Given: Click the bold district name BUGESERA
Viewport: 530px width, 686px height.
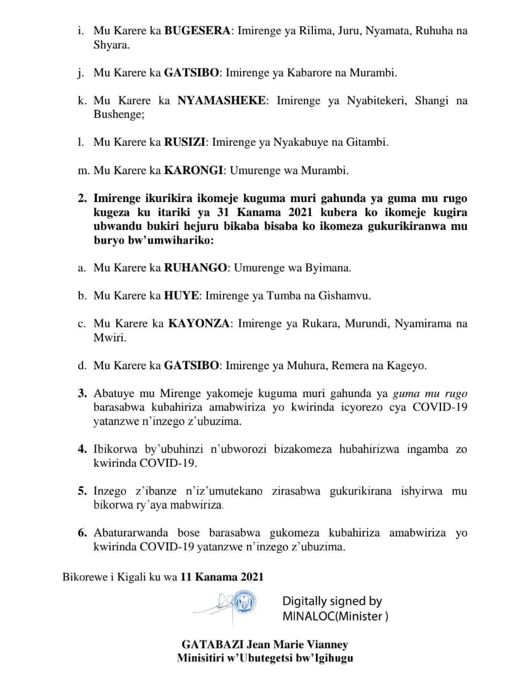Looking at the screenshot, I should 197,31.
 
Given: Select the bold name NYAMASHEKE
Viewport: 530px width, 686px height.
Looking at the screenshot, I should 221,100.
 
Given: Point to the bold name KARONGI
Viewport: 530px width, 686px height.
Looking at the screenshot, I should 193,170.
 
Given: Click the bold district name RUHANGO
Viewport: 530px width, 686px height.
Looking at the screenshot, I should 195,267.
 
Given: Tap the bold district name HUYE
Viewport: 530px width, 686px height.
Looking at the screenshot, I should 181,295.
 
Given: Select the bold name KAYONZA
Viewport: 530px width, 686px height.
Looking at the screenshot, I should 199,323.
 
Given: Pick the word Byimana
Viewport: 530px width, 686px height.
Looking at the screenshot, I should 328,267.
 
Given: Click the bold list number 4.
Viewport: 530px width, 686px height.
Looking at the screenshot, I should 82,449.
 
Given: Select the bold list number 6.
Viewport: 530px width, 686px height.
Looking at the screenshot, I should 82,533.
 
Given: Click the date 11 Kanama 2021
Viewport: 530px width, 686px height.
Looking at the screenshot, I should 222,577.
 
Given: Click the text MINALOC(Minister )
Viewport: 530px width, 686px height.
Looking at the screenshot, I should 335,616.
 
